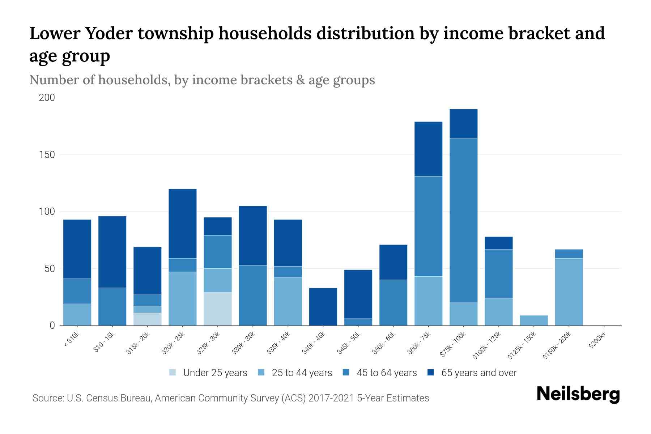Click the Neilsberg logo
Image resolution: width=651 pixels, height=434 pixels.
coord(578,394)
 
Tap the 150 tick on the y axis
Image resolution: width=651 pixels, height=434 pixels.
coord(47,155)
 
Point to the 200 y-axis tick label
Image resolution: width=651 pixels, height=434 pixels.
coord(47,98)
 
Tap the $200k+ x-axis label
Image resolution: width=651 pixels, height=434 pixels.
coord(597,341)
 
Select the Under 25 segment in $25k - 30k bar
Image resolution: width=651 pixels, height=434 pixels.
coord(218,309)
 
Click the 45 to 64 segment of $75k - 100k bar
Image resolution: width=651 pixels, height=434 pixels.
coord(463,221)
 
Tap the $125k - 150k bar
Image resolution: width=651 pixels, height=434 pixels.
coord(533,320)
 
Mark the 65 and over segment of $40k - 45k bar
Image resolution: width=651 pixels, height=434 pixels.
coord(323,306)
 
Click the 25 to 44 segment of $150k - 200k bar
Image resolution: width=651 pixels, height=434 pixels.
coord(569,292)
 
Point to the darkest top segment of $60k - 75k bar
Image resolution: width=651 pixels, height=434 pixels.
coord(428,149)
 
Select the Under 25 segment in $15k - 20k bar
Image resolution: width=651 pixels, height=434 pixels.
coord(147,319)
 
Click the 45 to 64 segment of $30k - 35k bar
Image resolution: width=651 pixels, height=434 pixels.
coord(253,295)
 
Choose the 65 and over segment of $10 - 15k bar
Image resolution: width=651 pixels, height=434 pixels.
coord(112,252)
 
